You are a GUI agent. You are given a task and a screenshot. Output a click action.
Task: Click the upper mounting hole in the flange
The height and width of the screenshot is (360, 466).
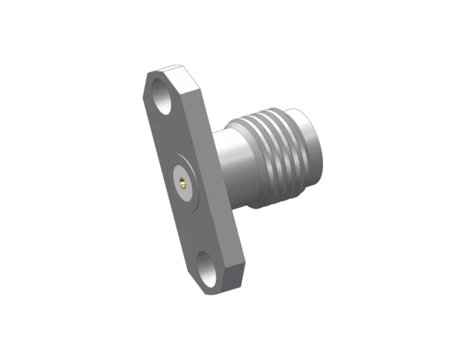tap(165, 101)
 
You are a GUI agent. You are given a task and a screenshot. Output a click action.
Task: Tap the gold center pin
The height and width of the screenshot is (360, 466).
tap(181, 184)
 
